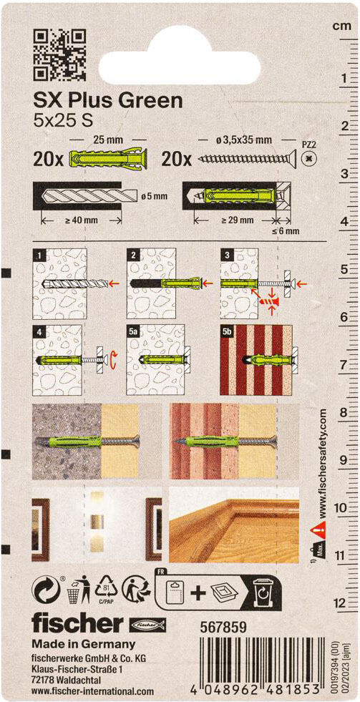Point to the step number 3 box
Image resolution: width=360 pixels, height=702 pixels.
point(227,255)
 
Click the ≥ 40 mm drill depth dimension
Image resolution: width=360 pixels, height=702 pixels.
point(81,220)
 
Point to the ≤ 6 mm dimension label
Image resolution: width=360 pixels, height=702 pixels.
point(286,231)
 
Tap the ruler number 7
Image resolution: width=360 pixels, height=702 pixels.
point(344,364)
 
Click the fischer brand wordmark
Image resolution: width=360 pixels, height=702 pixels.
point(77,624)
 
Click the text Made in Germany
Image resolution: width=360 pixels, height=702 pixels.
point(83,645)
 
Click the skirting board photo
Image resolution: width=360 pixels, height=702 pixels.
point(234,525)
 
